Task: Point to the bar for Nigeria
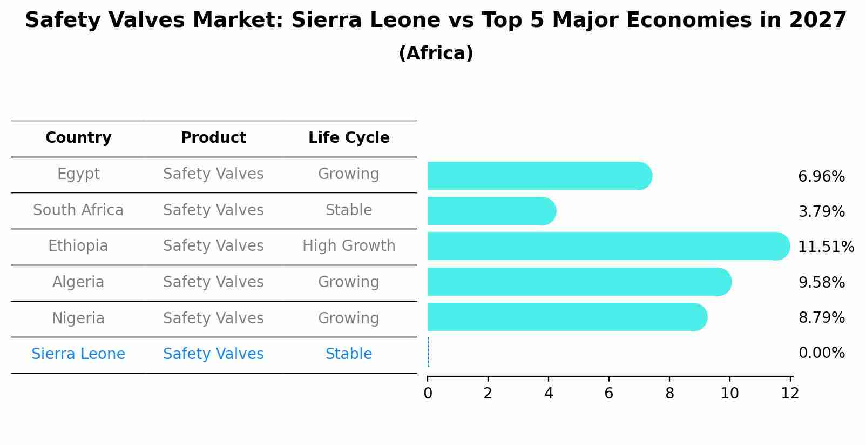(567, 317)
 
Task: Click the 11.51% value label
(826, 247)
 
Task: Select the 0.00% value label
(821, 353)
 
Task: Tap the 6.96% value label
(821, 177)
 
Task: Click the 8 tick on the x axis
(669, 394)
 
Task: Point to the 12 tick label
(790, 394)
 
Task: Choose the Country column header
(78, 138)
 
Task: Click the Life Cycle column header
(349, 138)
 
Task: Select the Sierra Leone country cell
(78, 354)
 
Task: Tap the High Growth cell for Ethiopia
(349, 246)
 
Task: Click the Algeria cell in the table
(78, 282)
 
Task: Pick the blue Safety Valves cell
(213, 354)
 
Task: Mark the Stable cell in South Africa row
(349, 210)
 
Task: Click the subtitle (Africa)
(436, 54)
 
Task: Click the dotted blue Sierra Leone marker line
(428, 353)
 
